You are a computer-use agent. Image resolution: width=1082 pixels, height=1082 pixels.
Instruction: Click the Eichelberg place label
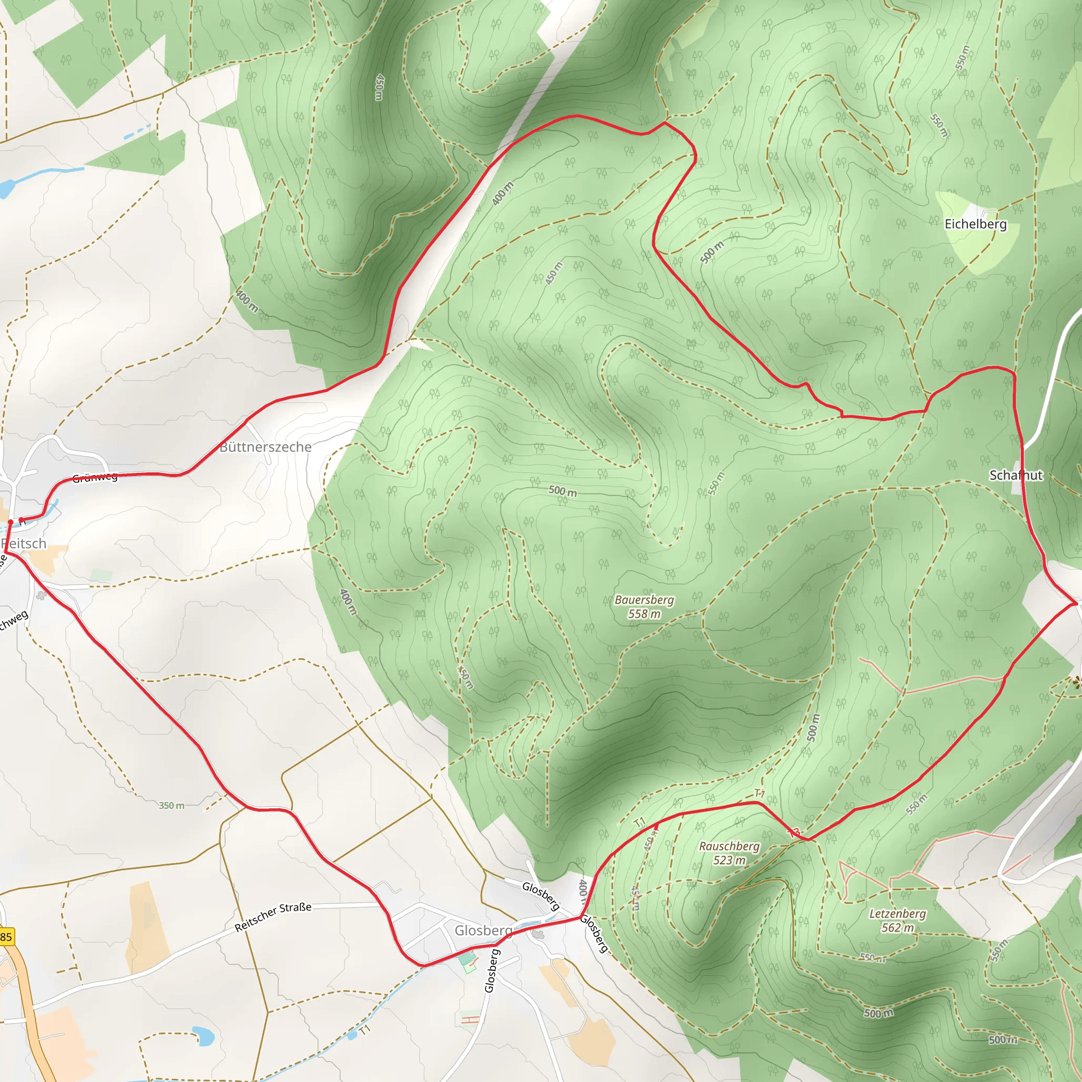pos(975,224)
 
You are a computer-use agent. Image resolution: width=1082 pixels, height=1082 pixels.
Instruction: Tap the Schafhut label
pos(1015,475)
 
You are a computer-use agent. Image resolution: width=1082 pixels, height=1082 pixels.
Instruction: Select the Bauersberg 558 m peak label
pos(644,607)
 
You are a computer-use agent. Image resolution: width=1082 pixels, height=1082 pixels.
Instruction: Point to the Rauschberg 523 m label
pos(729,852)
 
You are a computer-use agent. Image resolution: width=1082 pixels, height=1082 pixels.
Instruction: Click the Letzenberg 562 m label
pos(897,920)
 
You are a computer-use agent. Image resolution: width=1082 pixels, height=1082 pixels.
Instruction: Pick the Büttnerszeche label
pos(265,447)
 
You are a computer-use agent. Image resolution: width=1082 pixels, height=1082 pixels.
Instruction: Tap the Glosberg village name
pos(483,930)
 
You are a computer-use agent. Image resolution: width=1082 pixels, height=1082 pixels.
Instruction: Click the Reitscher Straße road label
pos(273,917)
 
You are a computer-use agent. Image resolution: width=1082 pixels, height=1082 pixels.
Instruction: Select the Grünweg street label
pos(95,477)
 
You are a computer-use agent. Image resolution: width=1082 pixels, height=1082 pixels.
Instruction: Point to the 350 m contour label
pos(171,805)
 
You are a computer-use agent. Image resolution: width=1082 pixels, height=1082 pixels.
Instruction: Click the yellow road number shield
pos(6,936)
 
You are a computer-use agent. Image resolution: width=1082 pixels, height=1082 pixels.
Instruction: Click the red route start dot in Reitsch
pos(10,522)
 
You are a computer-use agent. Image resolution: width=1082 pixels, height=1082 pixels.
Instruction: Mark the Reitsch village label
pos(24,543)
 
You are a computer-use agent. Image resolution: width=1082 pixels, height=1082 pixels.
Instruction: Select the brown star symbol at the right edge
pos(1076,682)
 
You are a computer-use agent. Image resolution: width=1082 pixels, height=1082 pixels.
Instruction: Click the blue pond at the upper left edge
pos(6,189)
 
